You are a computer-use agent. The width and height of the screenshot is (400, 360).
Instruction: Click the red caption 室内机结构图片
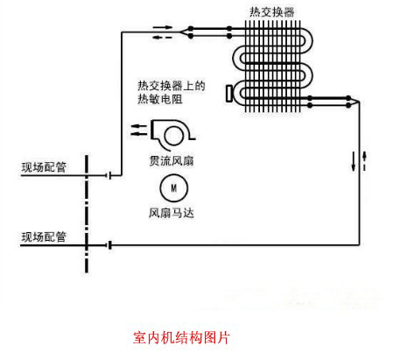click(x=181, y=337)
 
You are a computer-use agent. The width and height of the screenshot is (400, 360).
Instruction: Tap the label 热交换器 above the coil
click(x=272, y=12)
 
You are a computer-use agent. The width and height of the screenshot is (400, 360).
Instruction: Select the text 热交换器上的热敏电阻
click(x=172, y=93)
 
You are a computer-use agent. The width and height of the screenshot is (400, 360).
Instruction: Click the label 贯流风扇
click(x=172, y=160)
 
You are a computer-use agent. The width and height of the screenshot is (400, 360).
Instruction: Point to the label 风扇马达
click(x=172, y=213)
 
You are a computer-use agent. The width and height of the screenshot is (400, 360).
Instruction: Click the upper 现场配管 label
click(x=44, y=167)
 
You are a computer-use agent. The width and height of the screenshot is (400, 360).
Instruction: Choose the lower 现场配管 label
click(x=44, y=237)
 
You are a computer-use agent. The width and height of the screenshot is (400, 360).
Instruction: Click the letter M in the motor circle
click(x=174, y=188)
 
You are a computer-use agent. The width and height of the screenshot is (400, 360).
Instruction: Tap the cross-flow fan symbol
click(x=172, y=133)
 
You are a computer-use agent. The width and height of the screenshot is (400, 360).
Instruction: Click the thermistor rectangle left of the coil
click(x=229, y=94)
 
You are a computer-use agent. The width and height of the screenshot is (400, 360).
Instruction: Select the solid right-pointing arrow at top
click(x=163, y=27)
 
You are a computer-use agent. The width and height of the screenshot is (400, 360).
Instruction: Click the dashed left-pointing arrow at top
click(x=163, y=37)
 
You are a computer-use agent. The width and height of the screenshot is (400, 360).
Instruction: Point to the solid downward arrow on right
click(x=354, y=161)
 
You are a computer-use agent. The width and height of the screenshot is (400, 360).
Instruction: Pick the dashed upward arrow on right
click(x=364, y=161)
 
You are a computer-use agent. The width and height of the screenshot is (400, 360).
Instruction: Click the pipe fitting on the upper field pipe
click(x=109, y=175)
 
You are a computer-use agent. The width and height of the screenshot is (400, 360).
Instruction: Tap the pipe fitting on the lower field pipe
click(x=109, y=245)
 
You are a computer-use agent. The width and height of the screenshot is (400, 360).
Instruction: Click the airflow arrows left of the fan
click(x=139, y=130)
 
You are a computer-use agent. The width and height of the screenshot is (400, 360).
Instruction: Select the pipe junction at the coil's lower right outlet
click(x=359, y=101)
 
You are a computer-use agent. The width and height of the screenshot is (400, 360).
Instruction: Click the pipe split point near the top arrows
click(x=180, y=32)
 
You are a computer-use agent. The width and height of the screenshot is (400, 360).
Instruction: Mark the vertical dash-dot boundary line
click(x=87, y=214)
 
